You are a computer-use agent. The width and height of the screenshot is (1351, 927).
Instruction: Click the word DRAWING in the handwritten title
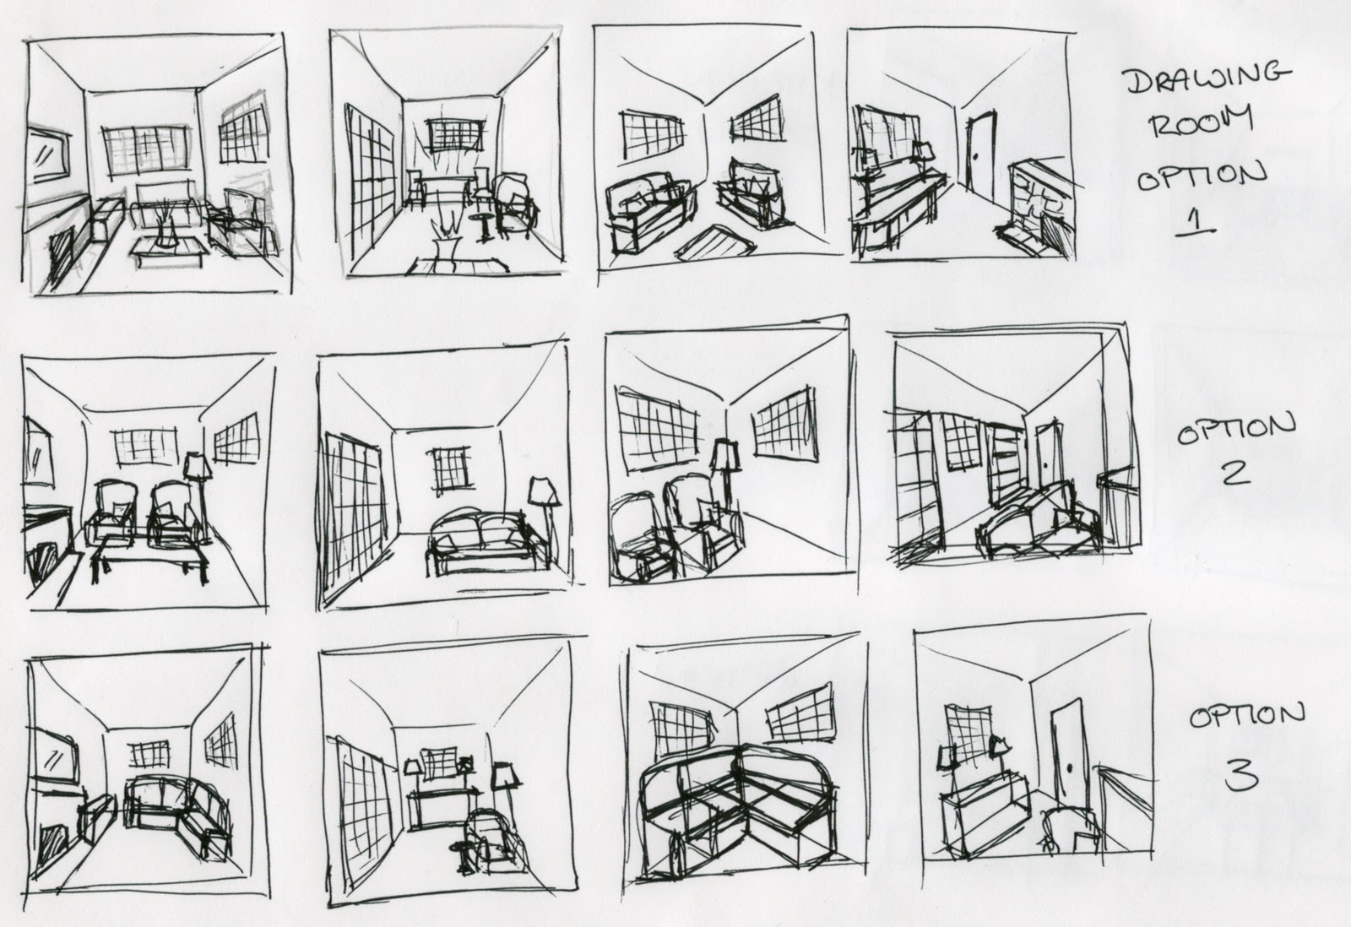pos(1209,80)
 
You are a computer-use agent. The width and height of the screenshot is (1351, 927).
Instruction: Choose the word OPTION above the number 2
pos(1236,429)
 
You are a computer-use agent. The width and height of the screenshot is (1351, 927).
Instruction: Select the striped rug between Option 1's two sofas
pos(715,244)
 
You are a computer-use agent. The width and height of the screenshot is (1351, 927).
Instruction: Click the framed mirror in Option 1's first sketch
pos(48,154)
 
